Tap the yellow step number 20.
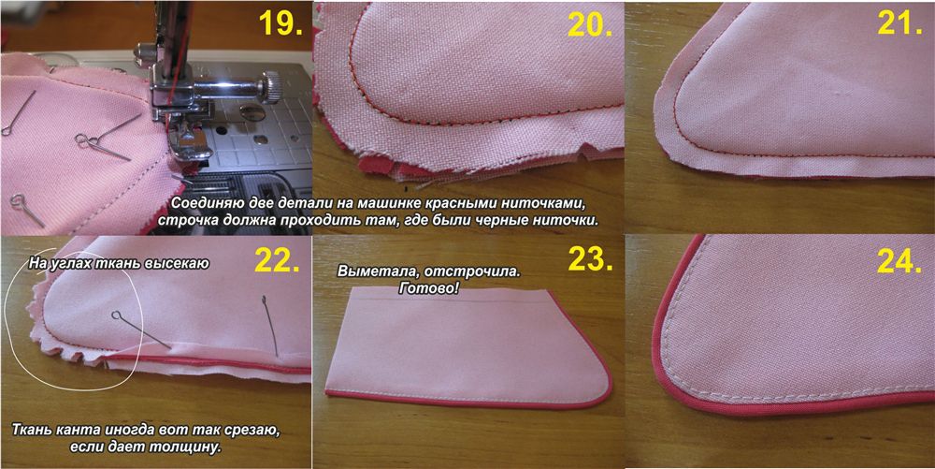(590, 23)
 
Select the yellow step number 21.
(900, 23)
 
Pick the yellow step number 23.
(590, 259)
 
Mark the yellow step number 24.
(899, 259)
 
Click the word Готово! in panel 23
(430, 287)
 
